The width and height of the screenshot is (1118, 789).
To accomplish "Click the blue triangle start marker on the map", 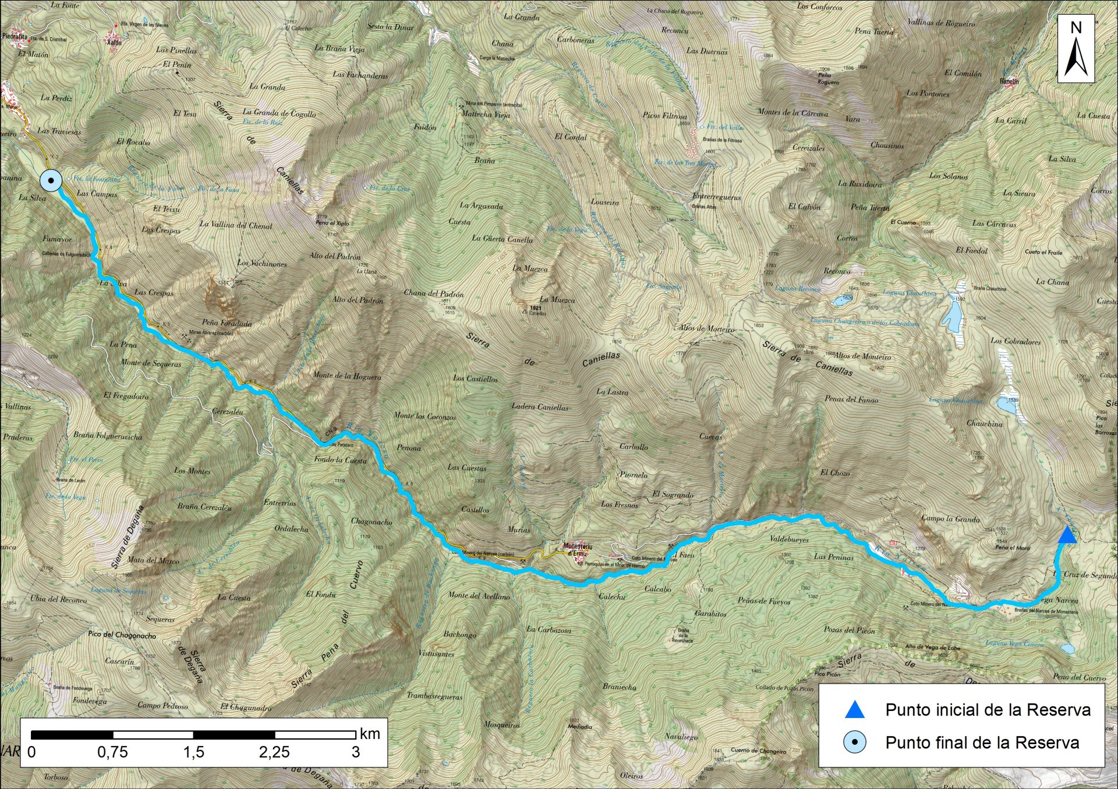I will click(1067, 535).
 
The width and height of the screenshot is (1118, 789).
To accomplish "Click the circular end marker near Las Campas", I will click(51, 181).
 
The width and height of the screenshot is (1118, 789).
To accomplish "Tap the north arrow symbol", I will click(1076, 49).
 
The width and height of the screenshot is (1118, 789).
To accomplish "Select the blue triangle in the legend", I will click(854, 710).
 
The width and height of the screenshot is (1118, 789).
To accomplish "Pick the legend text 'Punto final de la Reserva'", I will click(982, 742).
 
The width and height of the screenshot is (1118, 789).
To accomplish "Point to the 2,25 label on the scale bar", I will click(274, 752).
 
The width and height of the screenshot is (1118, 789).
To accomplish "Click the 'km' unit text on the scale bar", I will click(370, 734).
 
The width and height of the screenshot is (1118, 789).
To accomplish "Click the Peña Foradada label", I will click(227, 323).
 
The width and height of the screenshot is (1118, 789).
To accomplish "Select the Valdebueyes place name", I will click(789, 540).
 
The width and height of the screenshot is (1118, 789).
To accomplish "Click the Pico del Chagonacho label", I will click(122, 635).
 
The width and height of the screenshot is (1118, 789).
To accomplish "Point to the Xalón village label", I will click(115, 42).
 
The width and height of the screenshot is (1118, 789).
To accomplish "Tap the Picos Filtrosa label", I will click(664, 115).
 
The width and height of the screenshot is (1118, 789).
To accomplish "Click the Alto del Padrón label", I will click(335, 256).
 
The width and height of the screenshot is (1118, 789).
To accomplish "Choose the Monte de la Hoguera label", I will click(347, 376).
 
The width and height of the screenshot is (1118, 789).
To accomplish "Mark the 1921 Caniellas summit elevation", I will click(536, 308).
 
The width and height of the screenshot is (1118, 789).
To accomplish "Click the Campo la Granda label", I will click(950, 518).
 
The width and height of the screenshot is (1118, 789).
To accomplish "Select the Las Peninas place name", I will click(833, 557).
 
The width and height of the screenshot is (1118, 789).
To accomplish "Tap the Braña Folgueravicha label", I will click(108, 436).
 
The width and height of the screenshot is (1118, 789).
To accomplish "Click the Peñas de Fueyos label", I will click(763, 601).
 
